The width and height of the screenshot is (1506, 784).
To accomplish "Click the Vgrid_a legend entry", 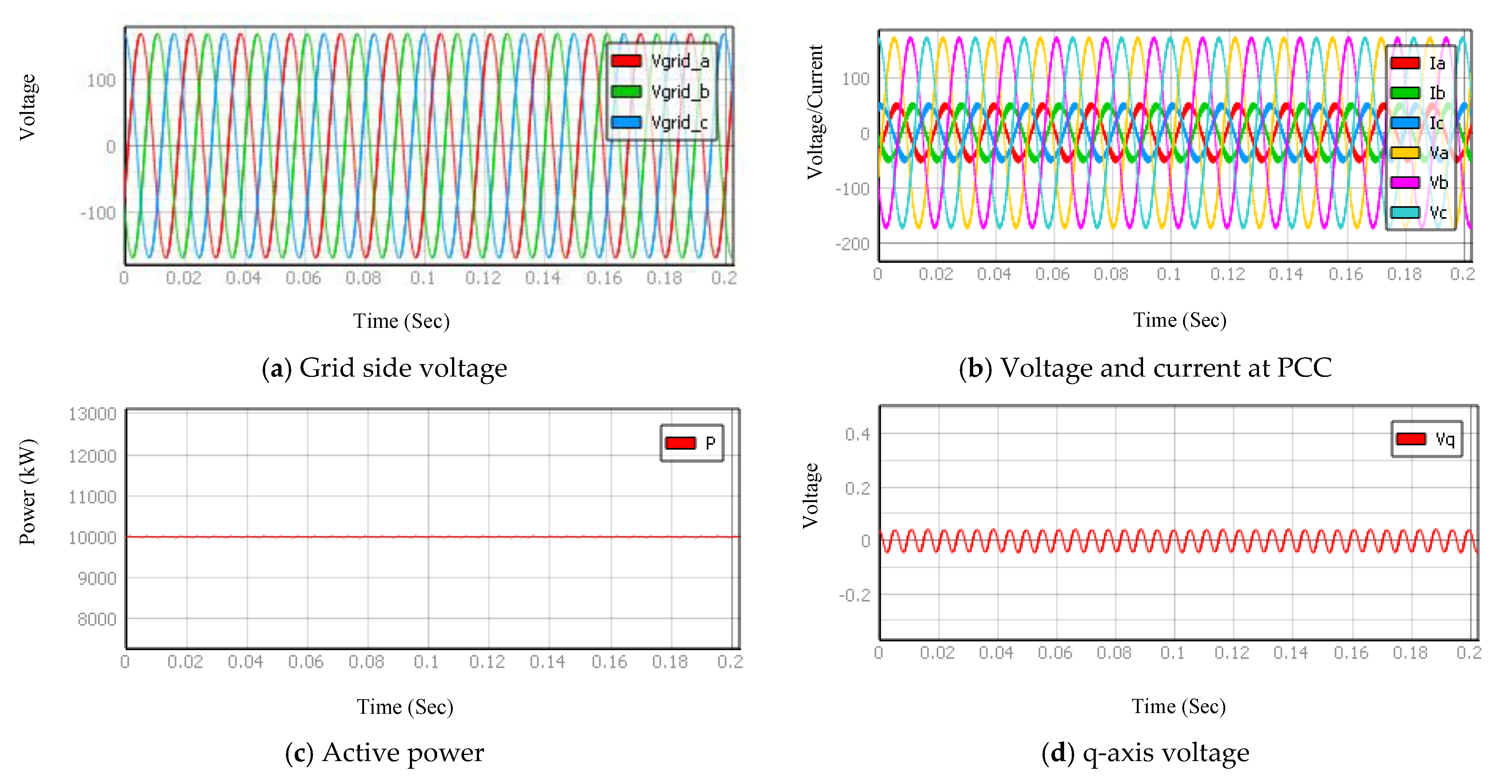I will pyautogui.click(x=661, y=61).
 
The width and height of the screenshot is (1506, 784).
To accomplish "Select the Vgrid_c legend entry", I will pyautogui.click(x=661, y=123).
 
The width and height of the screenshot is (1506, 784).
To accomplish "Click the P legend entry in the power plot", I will pyautogui.click(x=692, y=443).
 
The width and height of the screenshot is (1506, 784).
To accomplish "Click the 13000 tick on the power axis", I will pyautogui.click(x=92, y=414).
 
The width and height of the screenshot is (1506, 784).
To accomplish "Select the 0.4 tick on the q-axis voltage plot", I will pyautogui.click(x=857, y=434).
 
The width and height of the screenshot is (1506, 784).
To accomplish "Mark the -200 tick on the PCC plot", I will pyautogui.click(x=853, y=244).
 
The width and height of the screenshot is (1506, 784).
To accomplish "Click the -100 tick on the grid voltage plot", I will pyautogui.click(x=98, y=213).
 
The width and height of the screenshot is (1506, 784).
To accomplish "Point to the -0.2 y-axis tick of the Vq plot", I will pyautogui.click(x=854, y=595).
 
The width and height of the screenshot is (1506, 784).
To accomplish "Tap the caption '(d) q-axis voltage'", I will pyautogui.click(x=1145, y=752).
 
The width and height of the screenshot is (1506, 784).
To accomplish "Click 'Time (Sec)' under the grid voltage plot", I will pyautogui.click(x=401, y=321).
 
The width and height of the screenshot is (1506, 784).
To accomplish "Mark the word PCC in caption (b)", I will pyautogui.click(x=1304, y=368).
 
